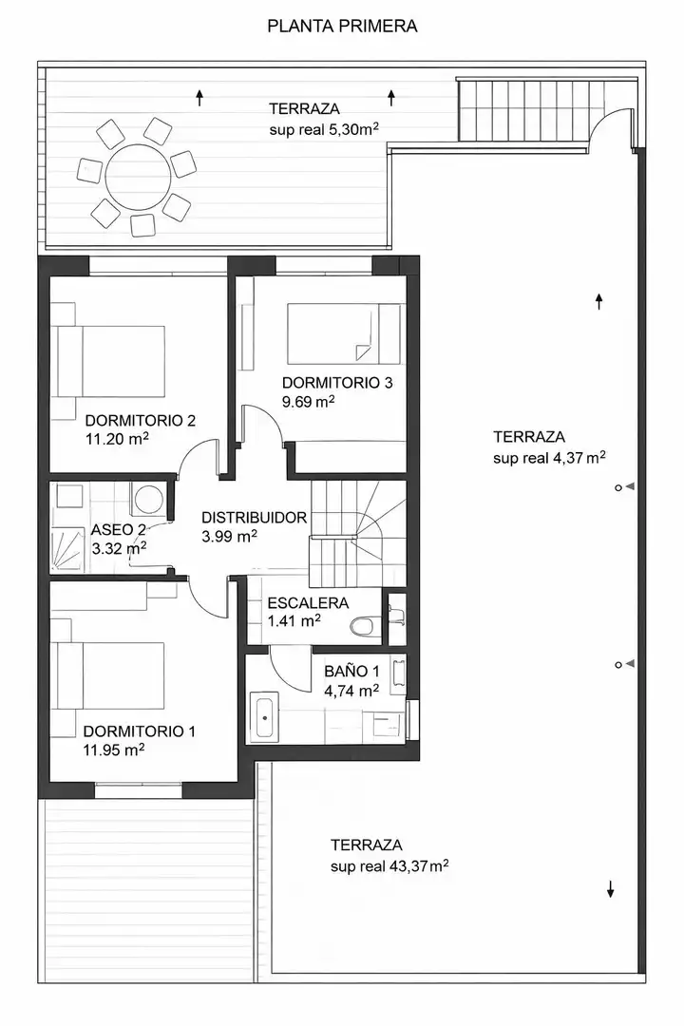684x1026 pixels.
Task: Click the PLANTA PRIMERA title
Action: [x=342, y=27]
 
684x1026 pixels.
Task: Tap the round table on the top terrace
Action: [x=138, y=176]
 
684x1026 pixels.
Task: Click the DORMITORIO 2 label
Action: [x=140, y=421]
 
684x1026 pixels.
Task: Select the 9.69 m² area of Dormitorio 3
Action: [x=309, y=401]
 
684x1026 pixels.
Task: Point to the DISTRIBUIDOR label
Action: [x=254, y=518]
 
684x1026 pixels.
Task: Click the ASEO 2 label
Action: [x=119, y=529]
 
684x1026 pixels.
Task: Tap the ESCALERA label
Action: [x=308, y=603]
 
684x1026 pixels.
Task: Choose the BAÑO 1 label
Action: [x=351, y=672]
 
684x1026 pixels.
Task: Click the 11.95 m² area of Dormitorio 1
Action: [x=114, y=750]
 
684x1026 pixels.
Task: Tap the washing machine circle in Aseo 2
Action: [x=149, y=501]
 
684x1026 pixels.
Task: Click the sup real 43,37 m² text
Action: [x=389, y=867]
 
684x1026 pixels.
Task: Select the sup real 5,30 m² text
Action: [x=324, y=129]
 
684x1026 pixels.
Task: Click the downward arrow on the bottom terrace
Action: [x=611, y=889]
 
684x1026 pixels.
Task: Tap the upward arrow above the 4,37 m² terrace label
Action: [x=598, y=301]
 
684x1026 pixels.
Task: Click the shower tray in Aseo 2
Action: [x=67, y=549]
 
